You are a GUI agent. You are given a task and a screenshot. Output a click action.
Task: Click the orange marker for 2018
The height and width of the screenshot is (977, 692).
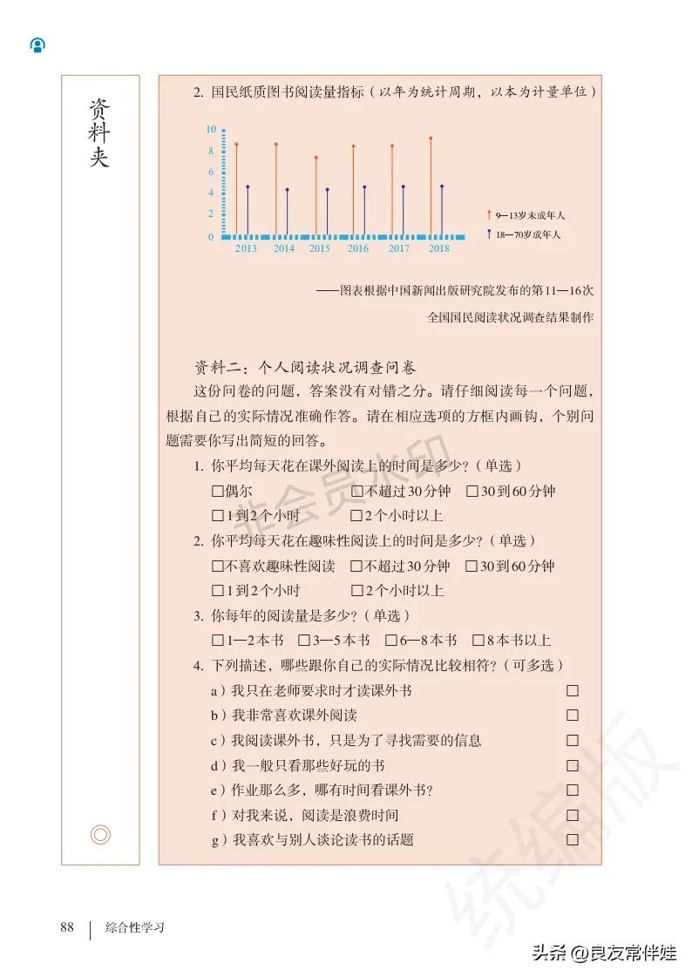(431, 139)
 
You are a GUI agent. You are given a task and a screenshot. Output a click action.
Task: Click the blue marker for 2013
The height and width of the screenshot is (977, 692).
(248, 187)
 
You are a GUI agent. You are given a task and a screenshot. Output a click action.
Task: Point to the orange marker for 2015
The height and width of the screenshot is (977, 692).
(316, 158)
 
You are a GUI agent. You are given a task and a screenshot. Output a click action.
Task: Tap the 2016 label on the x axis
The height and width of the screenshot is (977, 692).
(358, 248)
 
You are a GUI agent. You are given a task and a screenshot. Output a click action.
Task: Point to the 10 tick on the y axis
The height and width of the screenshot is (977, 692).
(211, 129)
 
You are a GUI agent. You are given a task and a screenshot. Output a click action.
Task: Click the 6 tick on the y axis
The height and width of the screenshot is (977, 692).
(211, 172)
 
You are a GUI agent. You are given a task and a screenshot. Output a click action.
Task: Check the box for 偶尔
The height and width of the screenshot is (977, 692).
(218, 492)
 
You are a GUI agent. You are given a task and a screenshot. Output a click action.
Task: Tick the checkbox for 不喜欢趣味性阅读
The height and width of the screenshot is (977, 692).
(218, 567)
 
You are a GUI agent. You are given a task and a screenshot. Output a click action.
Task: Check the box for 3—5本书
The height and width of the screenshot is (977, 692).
(304, 641)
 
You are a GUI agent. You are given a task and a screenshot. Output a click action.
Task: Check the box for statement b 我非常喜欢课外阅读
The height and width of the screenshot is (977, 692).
(573, 716)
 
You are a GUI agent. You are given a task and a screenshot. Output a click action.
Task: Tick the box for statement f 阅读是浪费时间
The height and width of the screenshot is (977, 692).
(573, 815)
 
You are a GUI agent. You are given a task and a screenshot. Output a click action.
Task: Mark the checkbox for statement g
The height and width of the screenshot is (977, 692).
(573, 840)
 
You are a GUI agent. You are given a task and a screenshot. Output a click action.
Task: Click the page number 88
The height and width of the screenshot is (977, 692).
(67, 926)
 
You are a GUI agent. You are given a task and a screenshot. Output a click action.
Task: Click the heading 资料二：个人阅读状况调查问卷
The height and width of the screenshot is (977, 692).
(305, 365)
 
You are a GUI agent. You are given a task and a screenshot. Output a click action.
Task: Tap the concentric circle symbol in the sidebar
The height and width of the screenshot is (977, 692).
(101, 835)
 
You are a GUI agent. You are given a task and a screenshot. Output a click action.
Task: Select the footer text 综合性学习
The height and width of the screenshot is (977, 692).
(135, 927)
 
